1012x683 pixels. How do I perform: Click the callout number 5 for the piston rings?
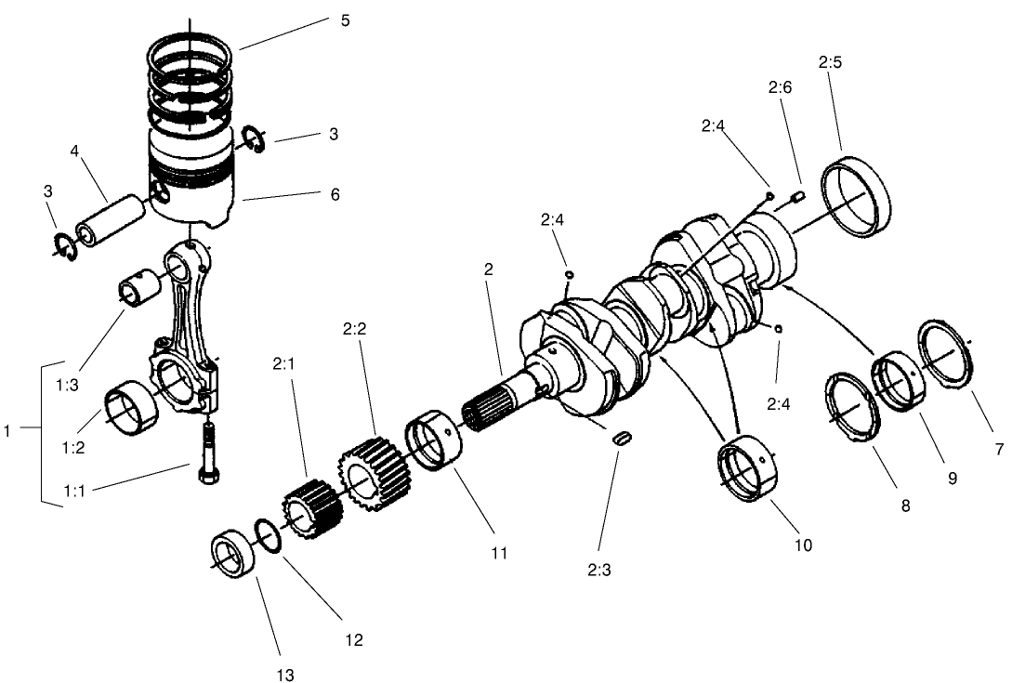[345, 20]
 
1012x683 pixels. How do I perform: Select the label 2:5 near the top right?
[830, 63]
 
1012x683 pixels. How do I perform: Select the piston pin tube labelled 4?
[111, 217]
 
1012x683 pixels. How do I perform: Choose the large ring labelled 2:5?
[859, 195]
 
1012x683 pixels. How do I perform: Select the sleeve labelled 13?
[231, 556]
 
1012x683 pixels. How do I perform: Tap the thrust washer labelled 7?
[945, 352]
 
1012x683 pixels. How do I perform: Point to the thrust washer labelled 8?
[854, 405]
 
